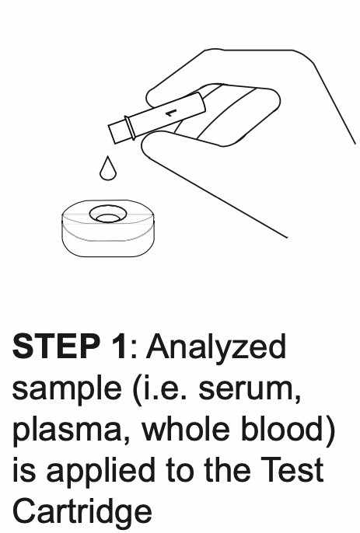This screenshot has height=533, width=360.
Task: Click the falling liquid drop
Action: coord(108,169)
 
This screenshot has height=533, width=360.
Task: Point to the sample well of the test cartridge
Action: coord(108,214)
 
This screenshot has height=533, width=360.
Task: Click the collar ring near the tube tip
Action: coord(130,127)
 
